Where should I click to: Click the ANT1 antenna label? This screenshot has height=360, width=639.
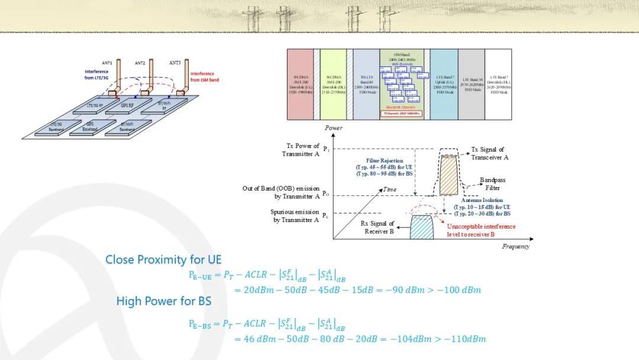[x=107, y=63]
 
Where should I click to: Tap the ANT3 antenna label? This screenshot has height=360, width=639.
[x=175, y=62]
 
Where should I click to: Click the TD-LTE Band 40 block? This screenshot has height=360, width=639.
[x=366, y=85]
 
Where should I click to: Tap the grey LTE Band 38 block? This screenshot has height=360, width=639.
[x=471, y=85]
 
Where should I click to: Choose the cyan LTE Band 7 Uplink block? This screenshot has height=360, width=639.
[x=443, y=85]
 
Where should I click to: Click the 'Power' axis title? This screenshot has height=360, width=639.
[x=334, y=128]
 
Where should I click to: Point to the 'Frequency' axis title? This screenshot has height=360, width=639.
[x=515, y=246]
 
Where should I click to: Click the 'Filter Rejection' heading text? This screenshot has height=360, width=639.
[x=385, y=160]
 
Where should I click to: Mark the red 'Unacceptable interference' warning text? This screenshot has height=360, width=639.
[x=481, y=230]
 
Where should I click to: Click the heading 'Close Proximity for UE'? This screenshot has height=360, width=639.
[x=163, y=259]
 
